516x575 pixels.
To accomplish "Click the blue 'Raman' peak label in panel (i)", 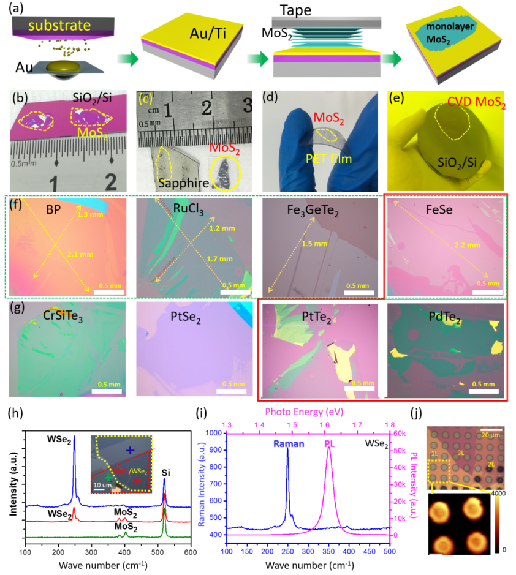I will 287,444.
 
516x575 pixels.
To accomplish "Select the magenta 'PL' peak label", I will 330,444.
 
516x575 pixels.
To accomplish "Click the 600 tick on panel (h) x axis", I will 191,552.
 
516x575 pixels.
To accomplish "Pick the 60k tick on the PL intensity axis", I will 400,433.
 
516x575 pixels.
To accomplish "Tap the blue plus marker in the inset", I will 130,450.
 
